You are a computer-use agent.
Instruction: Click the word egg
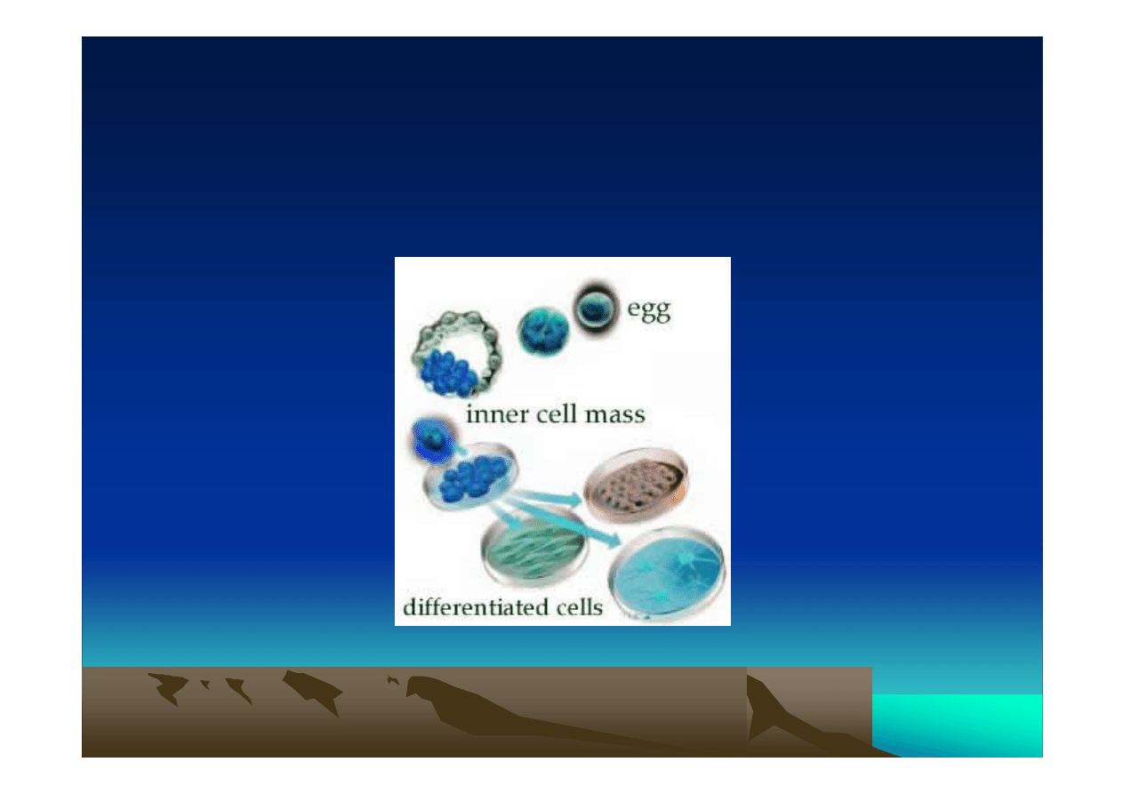point(649,310)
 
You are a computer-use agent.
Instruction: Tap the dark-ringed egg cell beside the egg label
point(595,308)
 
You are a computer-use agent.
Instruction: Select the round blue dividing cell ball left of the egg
point(543,332)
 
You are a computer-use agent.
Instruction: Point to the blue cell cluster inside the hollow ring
point(448,372)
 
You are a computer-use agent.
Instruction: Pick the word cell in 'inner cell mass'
point(556,414)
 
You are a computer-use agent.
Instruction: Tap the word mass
point(614,415)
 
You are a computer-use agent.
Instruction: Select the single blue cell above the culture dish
point(432,439)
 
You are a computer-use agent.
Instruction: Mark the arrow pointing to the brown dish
point(548,496)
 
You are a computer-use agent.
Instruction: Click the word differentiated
point(469,607)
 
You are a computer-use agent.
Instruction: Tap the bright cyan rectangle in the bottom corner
point(957,726)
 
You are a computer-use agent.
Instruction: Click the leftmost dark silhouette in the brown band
point(168,687)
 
